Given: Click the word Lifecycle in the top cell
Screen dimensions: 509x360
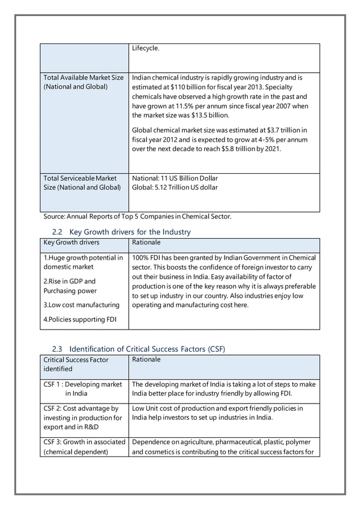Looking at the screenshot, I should (x=146, y=49).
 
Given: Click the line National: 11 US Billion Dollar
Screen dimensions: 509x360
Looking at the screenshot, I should (x=174, y=178).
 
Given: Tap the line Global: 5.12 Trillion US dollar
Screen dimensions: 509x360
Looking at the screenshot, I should (x=174, y=187).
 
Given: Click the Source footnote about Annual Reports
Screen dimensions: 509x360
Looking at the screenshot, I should (x=137, y=216).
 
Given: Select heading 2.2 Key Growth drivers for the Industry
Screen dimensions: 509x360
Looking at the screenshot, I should (x=121, y=232).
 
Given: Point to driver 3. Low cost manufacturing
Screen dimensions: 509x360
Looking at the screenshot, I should (x=81, y=305).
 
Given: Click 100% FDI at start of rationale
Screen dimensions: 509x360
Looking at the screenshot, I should (x=144, y=257).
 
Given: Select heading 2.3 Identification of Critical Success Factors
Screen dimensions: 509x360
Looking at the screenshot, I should (x=138, y=349).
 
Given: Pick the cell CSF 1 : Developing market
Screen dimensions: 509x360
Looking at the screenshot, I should (x=82, y=384).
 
